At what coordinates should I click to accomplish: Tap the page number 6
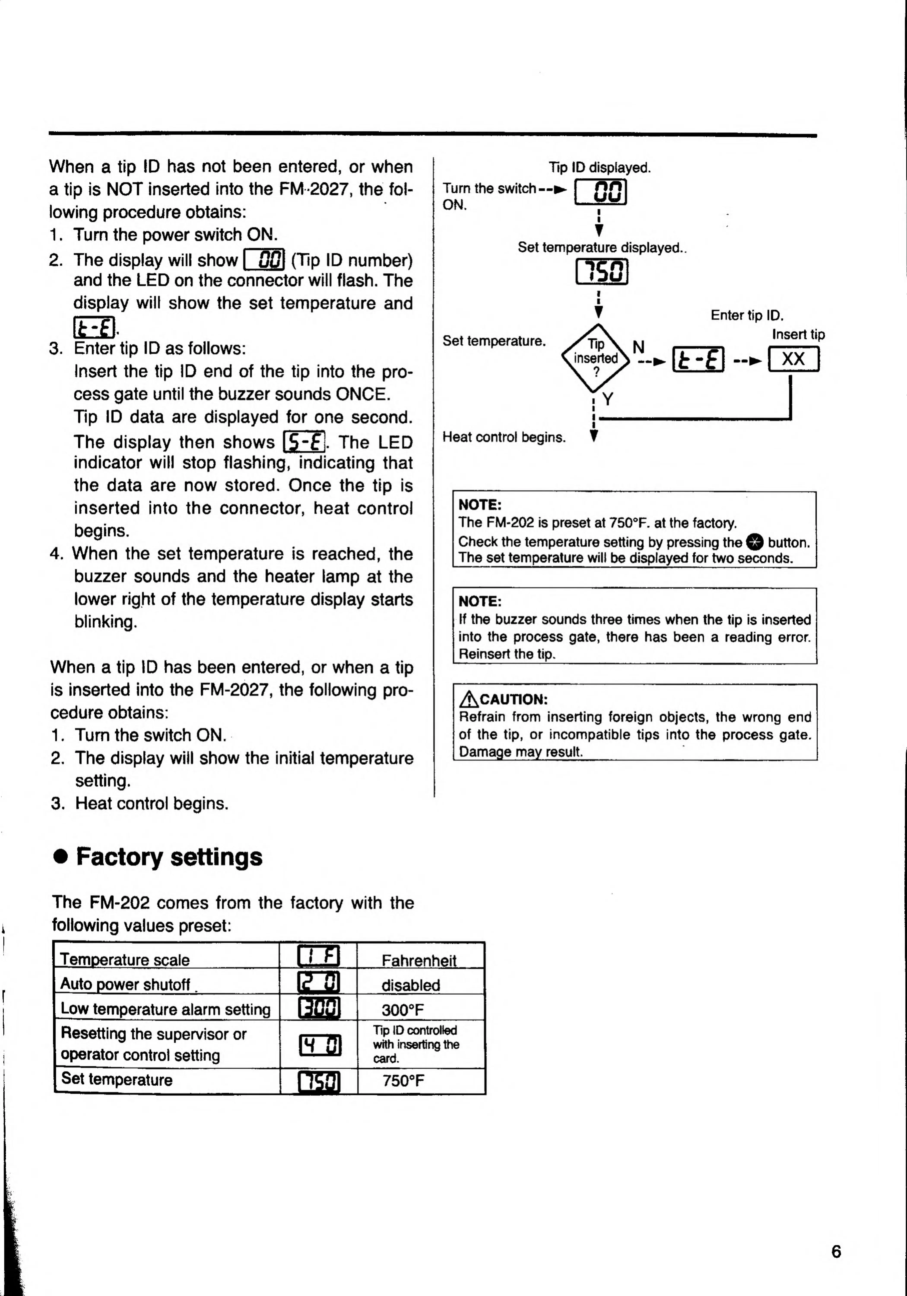click(836, 1252)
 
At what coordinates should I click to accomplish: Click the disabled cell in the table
click(410, 985)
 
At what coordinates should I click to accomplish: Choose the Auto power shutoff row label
click(125, 984)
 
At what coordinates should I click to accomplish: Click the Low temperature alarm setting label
click(165, 1009)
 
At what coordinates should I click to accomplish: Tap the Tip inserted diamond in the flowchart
click(595, 358)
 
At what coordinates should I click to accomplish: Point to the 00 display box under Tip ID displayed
click(601, 192)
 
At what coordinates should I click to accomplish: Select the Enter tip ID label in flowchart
click(747, 315)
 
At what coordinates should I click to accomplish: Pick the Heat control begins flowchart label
click(503, 437)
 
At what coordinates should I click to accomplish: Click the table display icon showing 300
click(319, 1009)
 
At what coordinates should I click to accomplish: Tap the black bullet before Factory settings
click(60, 857)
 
